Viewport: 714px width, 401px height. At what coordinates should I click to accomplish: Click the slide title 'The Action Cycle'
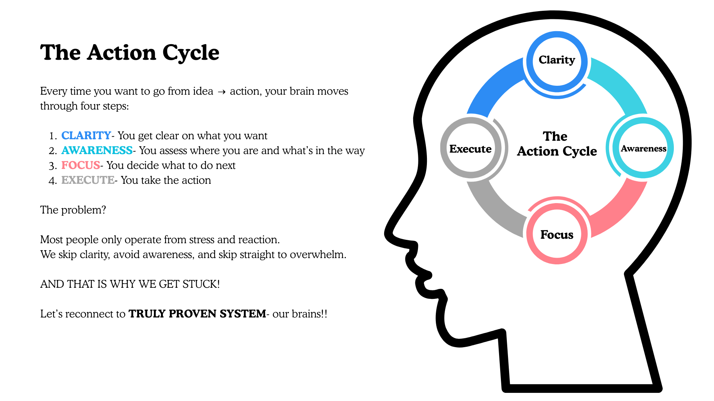point(129,52)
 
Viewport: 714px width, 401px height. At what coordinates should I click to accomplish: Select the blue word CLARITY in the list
point(86,136)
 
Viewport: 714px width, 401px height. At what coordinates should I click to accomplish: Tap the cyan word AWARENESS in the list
point(97,150)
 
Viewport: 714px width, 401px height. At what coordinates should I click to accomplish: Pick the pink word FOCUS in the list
point(80,165)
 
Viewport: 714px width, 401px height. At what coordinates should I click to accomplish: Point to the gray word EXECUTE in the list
point(88,180)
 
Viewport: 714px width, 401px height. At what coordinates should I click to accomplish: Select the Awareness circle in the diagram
point(643,149)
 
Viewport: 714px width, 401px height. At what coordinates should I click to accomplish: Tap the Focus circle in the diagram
point(557,234)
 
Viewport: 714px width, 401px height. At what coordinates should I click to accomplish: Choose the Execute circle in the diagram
point(470,149)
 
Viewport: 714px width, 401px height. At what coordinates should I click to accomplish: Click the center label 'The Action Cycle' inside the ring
point(557,144)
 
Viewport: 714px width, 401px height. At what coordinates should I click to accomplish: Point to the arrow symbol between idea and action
point(222,92)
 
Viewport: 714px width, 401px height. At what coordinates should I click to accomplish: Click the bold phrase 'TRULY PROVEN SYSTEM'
point(197,314)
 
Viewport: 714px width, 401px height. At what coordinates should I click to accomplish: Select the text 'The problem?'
point(73,210)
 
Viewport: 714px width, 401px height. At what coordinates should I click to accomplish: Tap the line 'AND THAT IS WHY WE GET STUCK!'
point(130,284)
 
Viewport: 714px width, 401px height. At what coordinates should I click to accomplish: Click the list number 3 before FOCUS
point(52,166)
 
